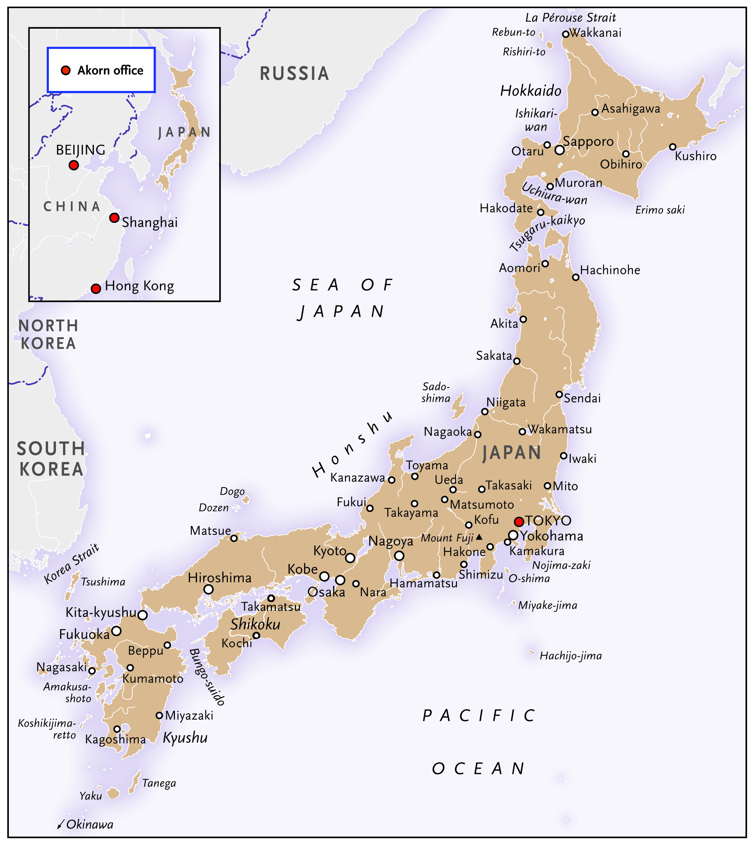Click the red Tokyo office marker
pos(519,522)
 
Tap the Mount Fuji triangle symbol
pos(479,537)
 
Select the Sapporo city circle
pos(559,150)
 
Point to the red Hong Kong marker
pos(96,288)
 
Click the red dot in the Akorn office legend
pos(66,70)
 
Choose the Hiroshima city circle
pos(209,589)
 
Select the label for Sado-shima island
pos(436,392)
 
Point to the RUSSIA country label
pos(294,74)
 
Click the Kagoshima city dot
pos(117,729)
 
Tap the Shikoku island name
pos(255,624)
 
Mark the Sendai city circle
pos(559,394)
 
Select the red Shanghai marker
pos(114,218)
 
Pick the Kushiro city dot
pos(672,147)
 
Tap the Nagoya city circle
pos(399,556)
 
